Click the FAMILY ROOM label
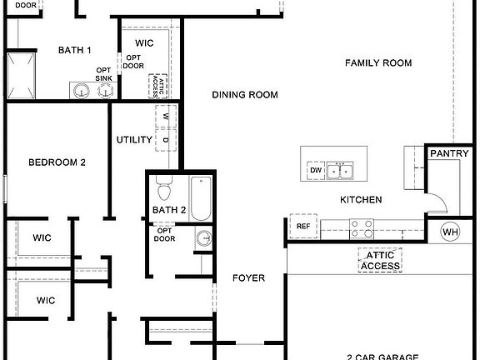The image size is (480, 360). click(378, 62)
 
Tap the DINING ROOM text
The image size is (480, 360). click(244, 95)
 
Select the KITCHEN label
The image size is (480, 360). click(361, 200)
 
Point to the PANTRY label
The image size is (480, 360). click(449, 153)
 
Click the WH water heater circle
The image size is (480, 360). click(449, 231)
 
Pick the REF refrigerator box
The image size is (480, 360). click(302, 226)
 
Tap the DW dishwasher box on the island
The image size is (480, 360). click(315, 170)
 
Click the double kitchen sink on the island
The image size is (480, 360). click(339, 171)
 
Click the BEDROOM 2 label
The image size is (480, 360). click(57, 162)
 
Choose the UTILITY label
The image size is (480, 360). click(134, 139)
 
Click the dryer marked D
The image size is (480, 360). click(166, 139)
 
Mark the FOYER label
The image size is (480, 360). click(248, 277)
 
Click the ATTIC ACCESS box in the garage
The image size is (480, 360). click(380, 261)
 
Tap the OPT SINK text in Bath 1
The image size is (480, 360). click(104, 73)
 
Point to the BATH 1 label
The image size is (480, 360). click(74, 51)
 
